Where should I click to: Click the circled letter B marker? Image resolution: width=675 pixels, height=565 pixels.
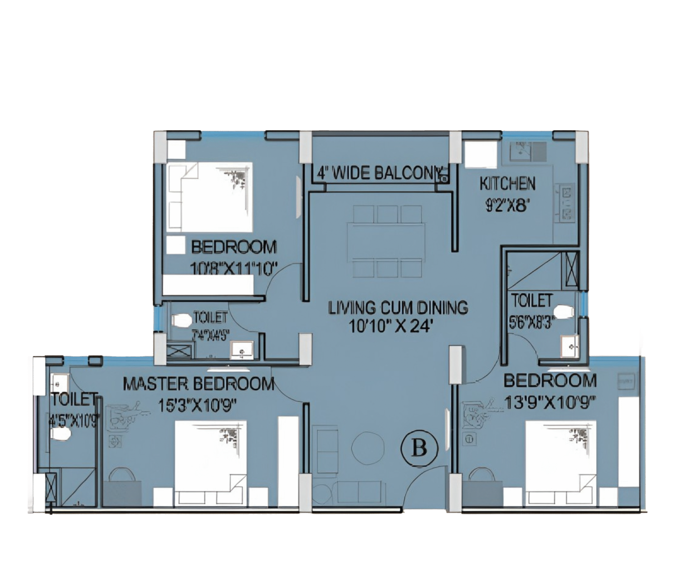click(x=420, y=448)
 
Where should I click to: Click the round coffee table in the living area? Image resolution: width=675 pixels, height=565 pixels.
click(x=368, y=447)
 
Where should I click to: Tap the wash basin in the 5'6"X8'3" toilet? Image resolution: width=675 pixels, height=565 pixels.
click(x=569, y=346)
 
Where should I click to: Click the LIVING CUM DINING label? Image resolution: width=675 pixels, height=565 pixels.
click(x=398, y=307)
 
